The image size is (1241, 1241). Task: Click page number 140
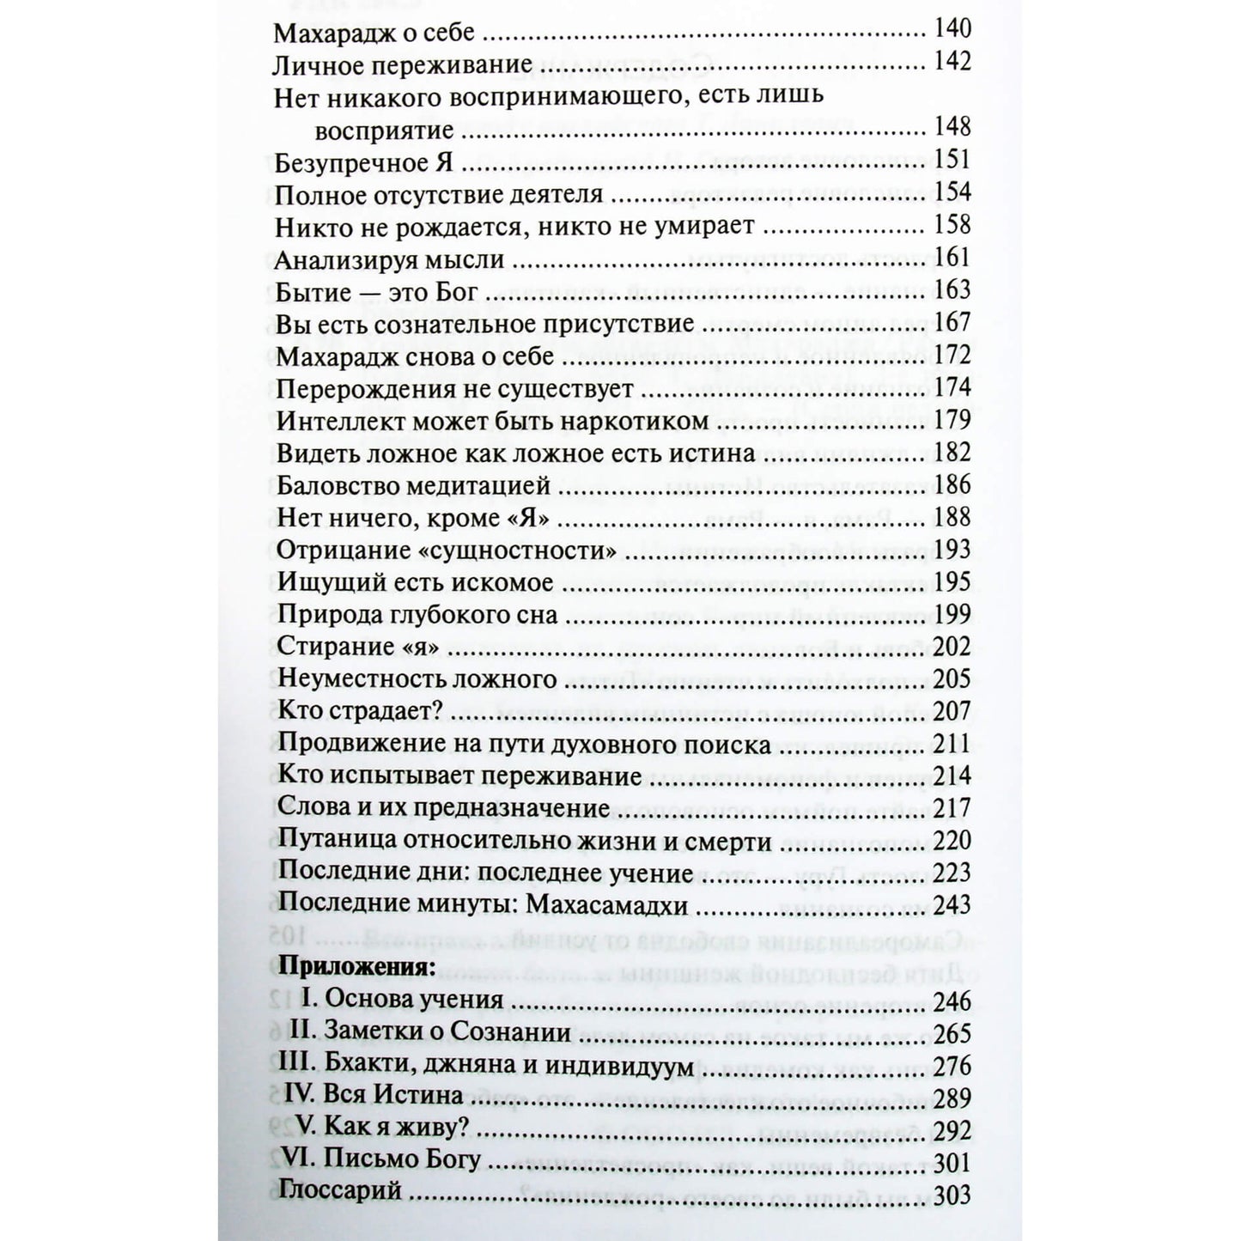(x=952, y=30)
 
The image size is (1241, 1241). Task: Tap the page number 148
(x=952, y=128)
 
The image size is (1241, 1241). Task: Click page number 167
(x=952, y=323)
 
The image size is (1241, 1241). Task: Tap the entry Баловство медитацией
(x=413, y=486)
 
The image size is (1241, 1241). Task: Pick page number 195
(x=952, y=582)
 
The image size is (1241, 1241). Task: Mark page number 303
(x=952, y=1195)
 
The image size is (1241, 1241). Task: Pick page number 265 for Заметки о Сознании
(x=952, y=1034)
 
